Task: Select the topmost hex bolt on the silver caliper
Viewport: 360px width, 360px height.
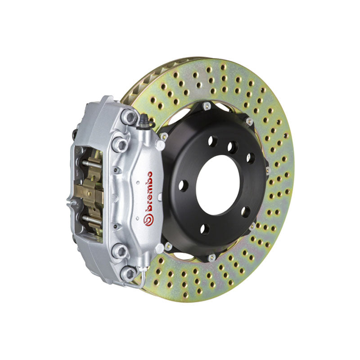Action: tap(130, 117)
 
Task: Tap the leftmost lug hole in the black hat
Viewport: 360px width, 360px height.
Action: tap(183, 184)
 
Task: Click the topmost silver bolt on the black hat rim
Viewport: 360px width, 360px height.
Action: tap(207, 106)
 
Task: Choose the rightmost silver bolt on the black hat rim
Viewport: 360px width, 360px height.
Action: tap(267, 171)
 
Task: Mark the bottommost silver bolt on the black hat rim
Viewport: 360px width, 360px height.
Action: tap(211, 258)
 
